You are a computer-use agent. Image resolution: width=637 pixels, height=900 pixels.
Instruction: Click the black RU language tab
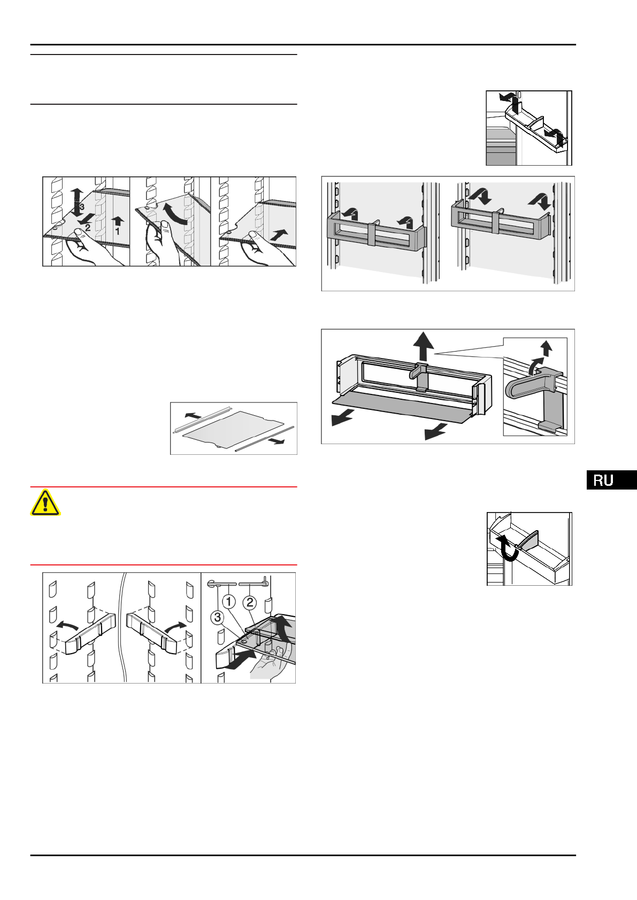pyautogui.click(x=612, y=480)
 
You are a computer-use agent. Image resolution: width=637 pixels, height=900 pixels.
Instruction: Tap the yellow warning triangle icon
pyautogui.click(x=45, y=502)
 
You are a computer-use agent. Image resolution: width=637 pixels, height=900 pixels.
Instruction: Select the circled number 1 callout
pyautogui.click(x=229, y=602)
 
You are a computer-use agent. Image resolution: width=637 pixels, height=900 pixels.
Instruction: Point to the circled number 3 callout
pyautogui.click(x=218, y=617)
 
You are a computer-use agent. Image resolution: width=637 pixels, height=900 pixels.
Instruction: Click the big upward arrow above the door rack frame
pyautogui.click(x=423, y=346)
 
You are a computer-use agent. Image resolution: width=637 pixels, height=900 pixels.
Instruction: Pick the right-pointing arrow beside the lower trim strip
pyautogui.click(x=277, y=441)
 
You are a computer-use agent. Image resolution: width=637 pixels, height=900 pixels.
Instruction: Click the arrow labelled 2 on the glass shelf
pyautogui.click(x=87, y=220)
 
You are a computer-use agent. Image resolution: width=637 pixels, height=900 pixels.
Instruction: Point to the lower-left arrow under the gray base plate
pyautogui.click(x=343, y=418)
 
